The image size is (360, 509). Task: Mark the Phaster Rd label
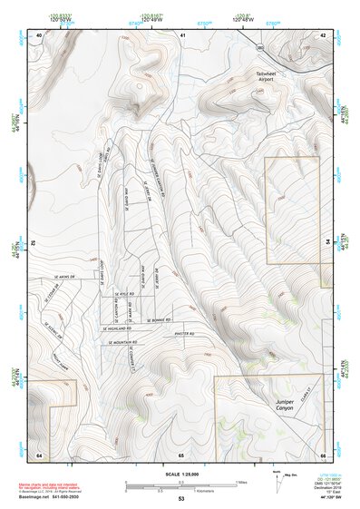pyautogui.click(x=187, y=331)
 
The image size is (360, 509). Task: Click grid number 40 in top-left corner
pyautogui.click(x=38, y=35)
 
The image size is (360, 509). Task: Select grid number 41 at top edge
pyautogui.click(x=182, y=35)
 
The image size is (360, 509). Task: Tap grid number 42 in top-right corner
pyautogui.click(x=322, y=35)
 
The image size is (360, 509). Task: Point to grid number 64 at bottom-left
pyautogui.click(x=39, y=454)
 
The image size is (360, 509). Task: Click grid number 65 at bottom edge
pyautogui.click(x=180, y=454)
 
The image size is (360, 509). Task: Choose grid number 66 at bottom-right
pyautogui.click(x=322, y=454)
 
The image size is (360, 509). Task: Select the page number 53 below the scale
pyautogui.click(x=180, y=499)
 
